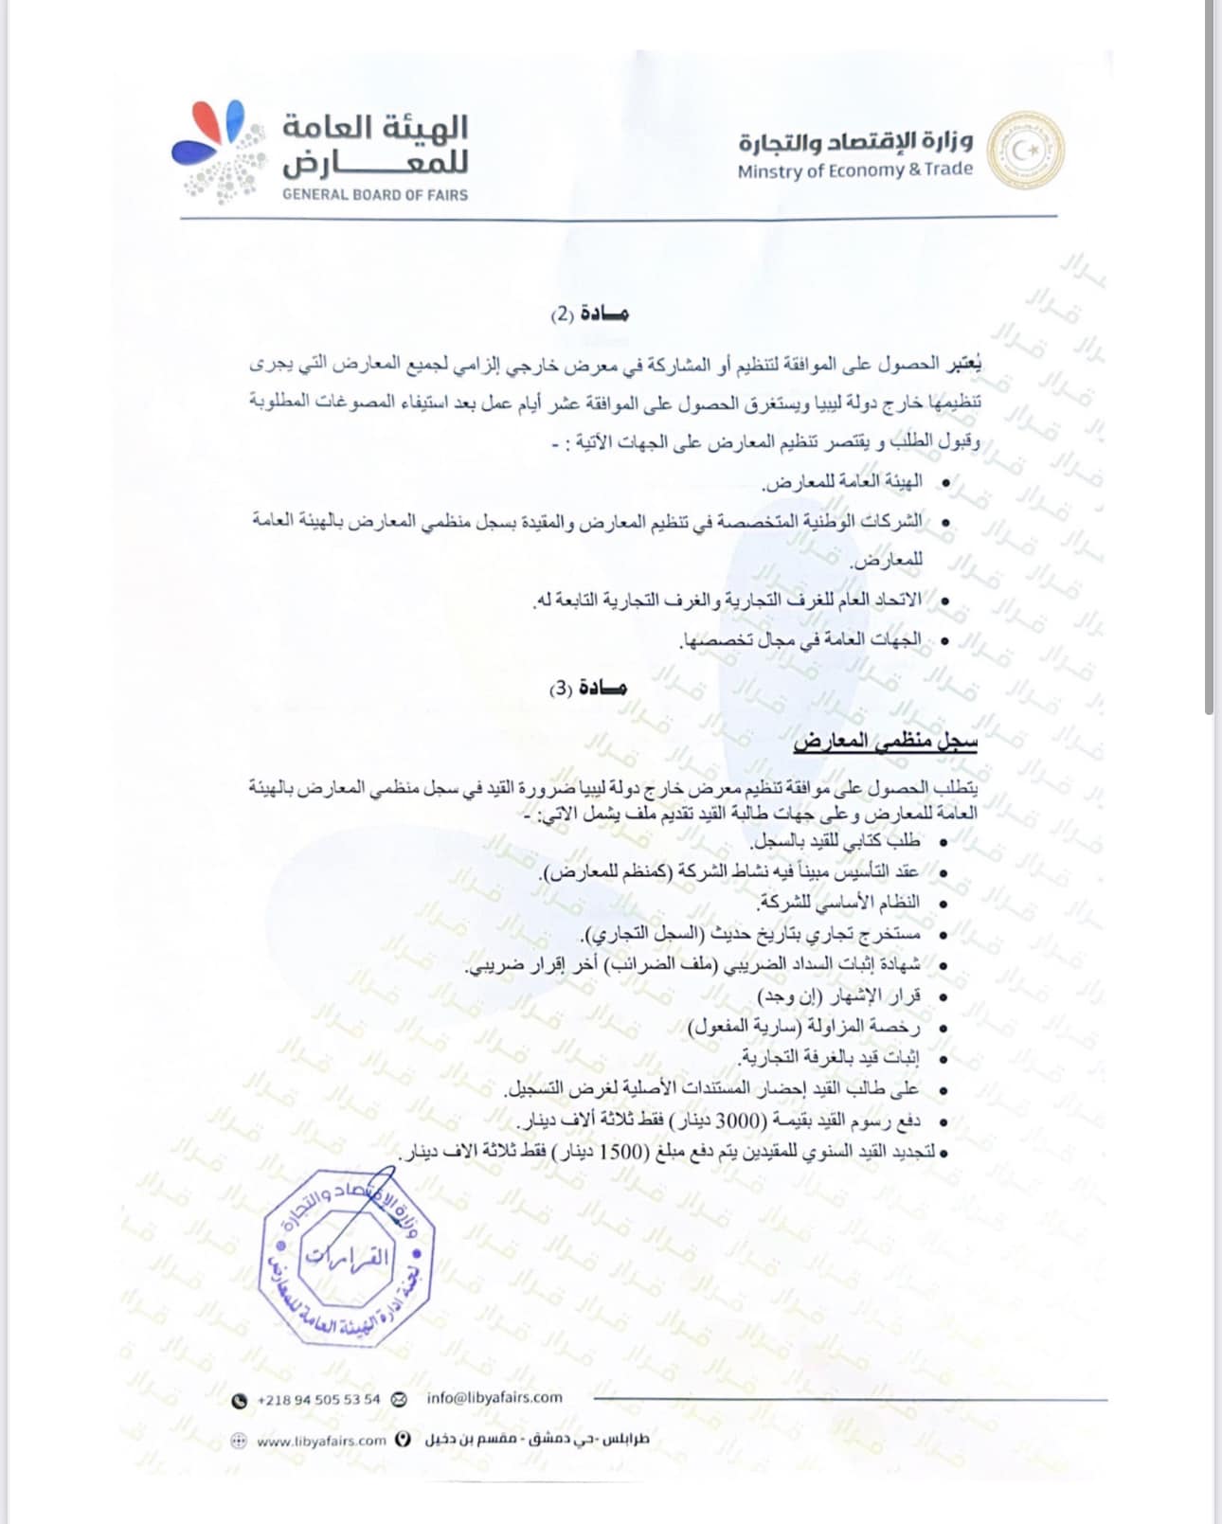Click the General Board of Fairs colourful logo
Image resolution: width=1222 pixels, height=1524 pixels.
pyautogui.click(x=215, y=149)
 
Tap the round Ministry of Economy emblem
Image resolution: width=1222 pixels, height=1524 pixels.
pyautogui.click(x=1025, y=150)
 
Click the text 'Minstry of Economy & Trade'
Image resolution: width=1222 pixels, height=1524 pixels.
pyautogui.click(x=854, y=170)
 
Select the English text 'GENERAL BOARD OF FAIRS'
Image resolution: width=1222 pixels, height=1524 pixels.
pyautogui.click(x=375, y=194)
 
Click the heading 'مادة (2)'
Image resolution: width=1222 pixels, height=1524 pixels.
pyautogui.click(x=589, y=314)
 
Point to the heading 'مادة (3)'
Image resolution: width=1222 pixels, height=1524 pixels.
pyautogui.click(x=588, y=688)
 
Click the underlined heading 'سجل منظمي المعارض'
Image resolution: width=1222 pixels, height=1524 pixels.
pyautogui.click(x=885, y=741)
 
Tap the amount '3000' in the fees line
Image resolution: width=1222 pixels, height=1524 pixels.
pyautogui.click(x=738, y=1121)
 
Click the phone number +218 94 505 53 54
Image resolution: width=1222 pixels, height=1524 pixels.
pyautogui.click(x=318, y=1399)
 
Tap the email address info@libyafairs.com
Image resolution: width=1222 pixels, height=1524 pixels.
pyautogui.click(x=494, y=1397)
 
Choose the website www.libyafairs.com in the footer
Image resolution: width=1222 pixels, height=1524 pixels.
pyautogui.click(x=321, y=1441)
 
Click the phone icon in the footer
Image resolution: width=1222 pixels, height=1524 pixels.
pyautogui.click(x=240, y=1400)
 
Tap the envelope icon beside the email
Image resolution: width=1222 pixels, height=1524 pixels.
pyautogui.click(x=399, y=1399)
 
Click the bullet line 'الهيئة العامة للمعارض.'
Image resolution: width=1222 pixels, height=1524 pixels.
pyautogui.click(x=842, y=482)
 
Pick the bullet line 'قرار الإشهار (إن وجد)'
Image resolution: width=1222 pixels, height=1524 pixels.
pyautogui.click(x=837, y=995)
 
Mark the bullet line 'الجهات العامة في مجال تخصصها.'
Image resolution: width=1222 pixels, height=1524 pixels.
pyautogui.click(x=800, y=640)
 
